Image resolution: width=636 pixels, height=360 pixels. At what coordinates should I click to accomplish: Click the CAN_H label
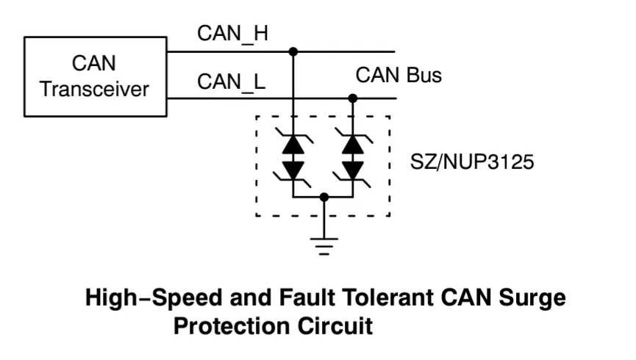click(232, 33)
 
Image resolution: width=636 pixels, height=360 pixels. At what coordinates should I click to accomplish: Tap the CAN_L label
click(231, 82)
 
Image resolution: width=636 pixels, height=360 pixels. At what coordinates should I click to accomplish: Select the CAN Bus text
click(399, 75)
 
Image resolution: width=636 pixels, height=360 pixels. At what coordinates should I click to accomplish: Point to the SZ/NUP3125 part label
click(472, 162)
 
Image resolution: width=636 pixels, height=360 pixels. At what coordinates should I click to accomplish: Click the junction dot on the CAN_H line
click(293, 52)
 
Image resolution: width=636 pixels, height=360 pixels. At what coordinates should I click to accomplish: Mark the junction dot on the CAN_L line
click(352, 98)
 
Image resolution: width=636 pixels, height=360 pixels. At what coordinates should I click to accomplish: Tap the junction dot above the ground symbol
click(324, 197)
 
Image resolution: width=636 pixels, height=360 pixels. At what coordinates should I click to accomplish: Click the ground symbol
click(324, 246)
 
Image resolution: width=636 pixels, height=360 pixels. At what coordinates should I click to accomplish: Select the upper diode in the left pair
click(293, 143)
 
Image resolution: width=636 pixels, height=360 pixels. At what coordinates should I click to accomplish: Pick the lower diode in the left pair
click(293, 171)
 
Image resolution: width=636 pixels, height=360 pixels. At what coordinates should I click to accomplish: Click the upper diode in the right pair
click(352, 143)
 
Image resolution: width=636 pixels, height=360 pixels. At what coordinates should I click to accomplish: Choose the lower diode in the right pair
click(352, 171)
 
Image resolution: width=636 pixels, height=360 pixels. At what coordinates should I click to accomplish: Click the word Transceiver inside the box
click(95, 89)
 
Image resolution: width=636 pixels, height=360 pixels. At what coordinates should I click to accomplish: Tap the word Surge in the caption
click(532, 298)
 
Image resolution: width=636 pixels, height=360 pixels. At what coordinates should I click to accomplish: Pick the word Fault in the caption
click(307, 298)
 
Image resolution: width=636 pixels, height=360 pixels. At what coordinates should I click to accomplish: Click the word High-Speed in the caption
click(154, 298)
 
